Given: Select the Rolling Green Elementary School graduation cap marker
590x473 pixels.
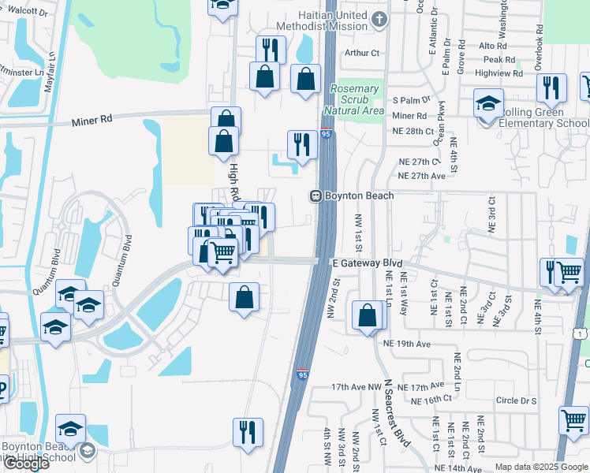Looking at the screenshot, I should pyautogui.click(x=488, y=104).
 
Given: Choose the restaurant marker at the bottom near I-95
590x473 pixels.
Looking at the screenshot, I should pyautogui.click(x=248, y=432).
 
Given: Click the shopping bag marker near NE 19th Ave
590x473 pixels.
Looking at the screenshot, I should pyautogui.click(x=368, y=315).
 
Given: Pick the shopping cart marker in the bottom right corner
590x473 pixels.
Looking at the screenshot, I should pyautogui.click(x=573, y=420).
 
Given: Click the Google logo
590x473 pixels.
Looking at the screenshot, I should pyautogui.click(x=26, y=464).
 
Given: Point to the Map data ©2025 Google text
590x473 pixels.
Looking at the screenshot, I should pyautogui.click(x=541, y=467).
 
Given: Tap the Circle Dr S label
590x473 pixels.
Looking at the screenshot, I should pyautogui.click(x=517, y=400).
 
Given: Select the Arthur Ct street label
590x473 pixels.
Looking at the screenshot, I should pyautogui.click(x=363, y=54).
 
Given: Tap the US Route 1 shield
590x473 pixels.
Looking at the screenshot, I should pyautogui.click(x=582, y=335).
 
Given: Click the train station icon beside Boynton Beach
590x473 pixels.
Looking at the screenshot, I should pyautogui.click(x=314, y=196).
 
